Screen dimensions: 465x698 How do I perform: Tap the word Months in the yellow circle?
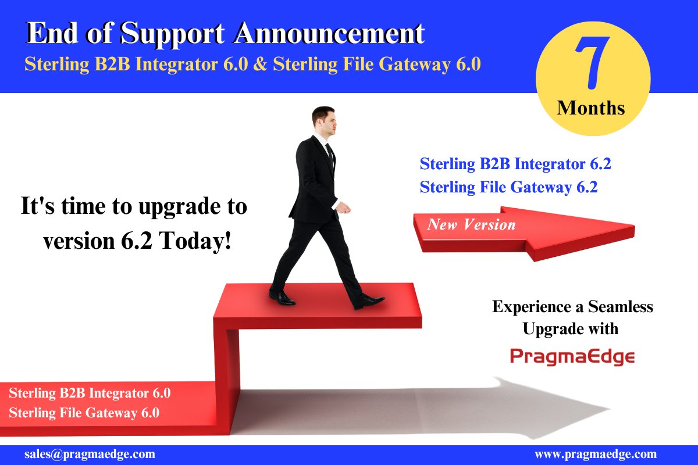pyautogui.click(x=591, y=108)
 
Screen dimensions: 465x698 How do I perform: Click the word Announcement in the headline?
pyautogui.click(x=329, y=34)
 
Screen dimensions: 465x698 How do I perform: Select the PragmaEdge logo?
pyautogui.click(x=572, y=356)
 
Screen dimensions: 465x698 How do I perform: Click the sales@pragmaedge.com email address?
pyautogui.click(x=90, y=454)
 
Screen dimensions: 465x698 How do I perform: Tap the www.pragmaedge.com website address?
pyautogui.click(x=595, y=454)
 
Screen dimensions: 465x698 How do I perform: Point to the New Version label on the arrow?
pyautogui.click(x=471, y=224)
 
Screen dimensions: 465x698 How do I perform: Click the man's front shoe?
pyautogui.click(x=369, y=301)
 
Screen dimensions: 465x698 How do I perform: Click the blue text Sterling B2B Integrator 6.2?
pyautogui.click(x=515, y=164)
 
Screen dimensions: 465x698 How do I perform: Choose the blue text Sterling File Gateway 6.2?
pyautogui.click(x=508, y=187)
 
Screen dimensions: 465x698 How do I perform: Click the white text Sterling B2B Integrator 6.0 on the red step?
pyautogui.click(x=90, y=392)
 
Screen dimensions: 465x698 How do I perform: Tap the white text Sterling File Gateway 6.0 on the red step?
pyautogui.click(x=84, y=413)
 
